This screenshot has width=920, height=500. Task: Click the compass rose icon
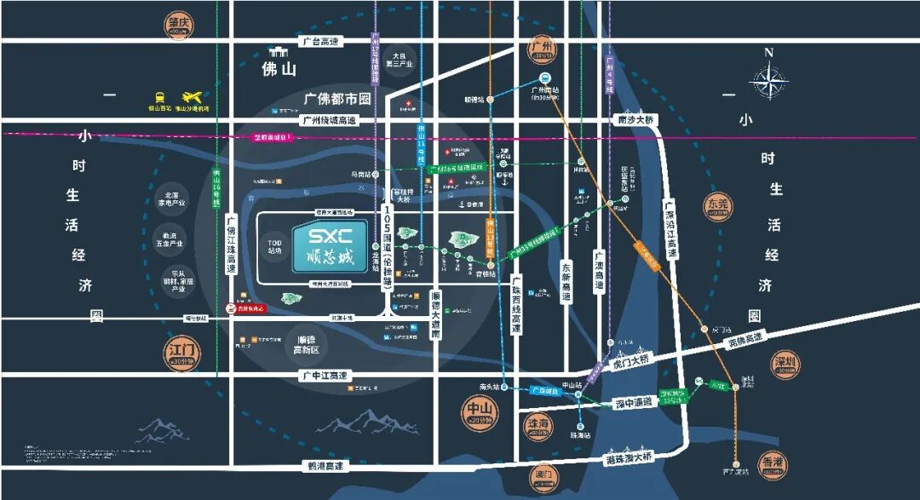click(x=768, y=82)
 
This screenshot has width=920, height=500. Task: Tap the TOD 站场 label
click(x=275, y=246)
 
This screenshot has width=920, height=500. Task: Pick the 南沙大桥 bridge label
click(x=636, y=120)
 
